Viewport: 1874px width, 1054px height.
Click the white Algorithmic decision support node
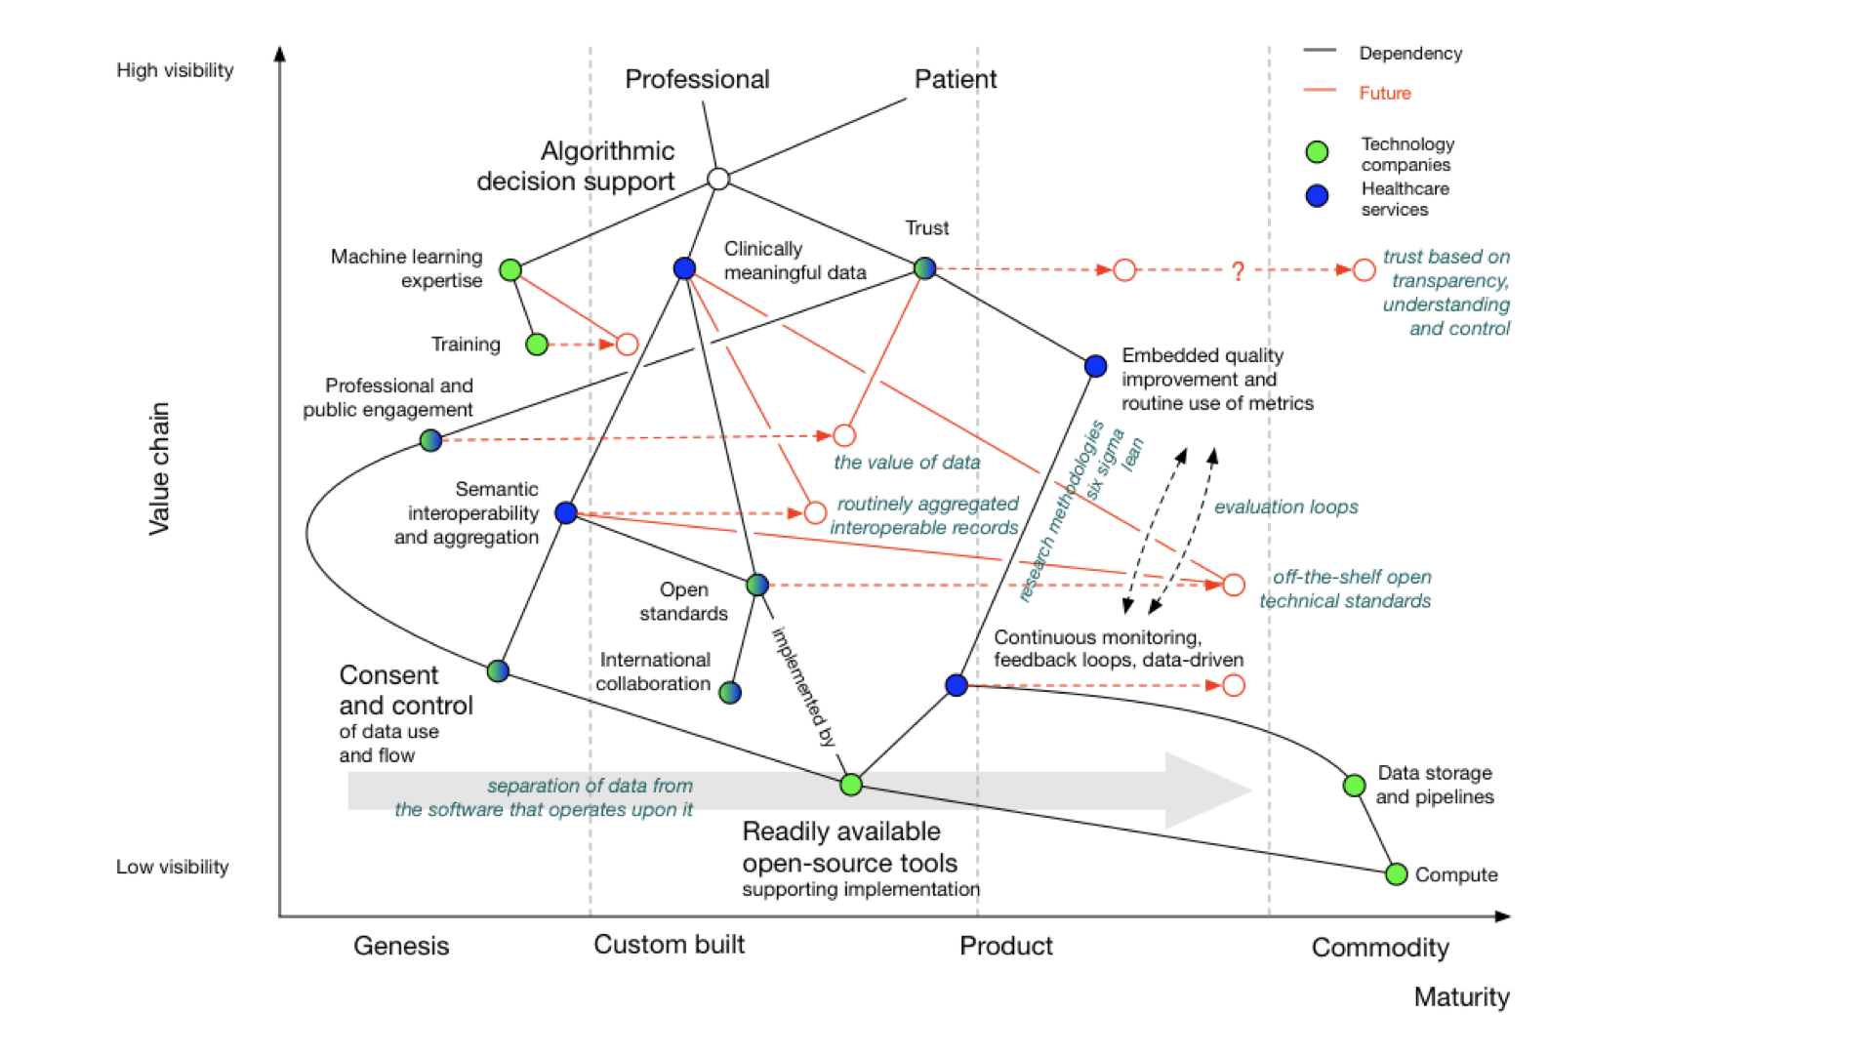[x=718, y=179]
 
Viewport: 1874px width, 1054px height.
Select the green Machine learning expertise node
[x=509, y=269]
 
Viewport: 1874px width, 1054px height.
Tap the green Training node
[x=536, y=344]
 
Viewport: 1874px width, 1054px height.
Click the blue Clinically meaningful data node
[x=684, y=268]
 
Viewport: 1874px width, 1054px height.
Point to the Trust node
[x=924, y=267]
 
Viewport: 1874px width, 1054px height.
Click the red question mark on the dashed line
[x=1238, y=271]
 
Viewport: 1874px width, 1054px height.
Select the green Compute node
[x=1396, y=873]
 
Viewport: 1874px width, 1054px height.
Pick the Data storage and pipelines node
[x=1354, y=785]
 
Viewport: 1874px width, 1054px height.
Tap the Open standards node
[x=757, y=585]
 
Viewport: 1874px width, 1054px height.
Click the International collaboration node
[x=730, y=692]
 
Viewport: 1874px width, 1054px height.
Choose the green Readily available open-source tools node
[x=851, y=784]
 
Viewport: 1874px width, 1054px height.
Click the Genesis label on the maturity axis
[x=401, y=946]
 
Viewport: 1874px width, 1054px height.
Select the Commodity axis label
[x=1379, y=948]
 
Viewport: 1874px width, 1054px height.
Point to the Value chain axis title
[x=159, y=468]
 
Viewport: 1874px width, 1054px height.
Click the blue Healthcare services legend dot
[x=1317, y=196]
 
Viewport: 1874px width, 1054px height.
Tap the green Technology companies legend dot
[x=1317, y=151]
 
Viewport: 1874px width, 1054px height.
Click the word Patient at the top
[x=955, y=79]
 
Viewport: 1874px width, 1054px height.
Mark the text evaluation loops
[x=1285, y=507]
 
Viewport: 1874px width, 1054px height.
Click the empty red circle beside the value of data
[x=844, y=435]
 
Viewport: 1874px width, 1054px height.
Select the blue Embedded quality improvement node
[x=1095, y=366]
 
